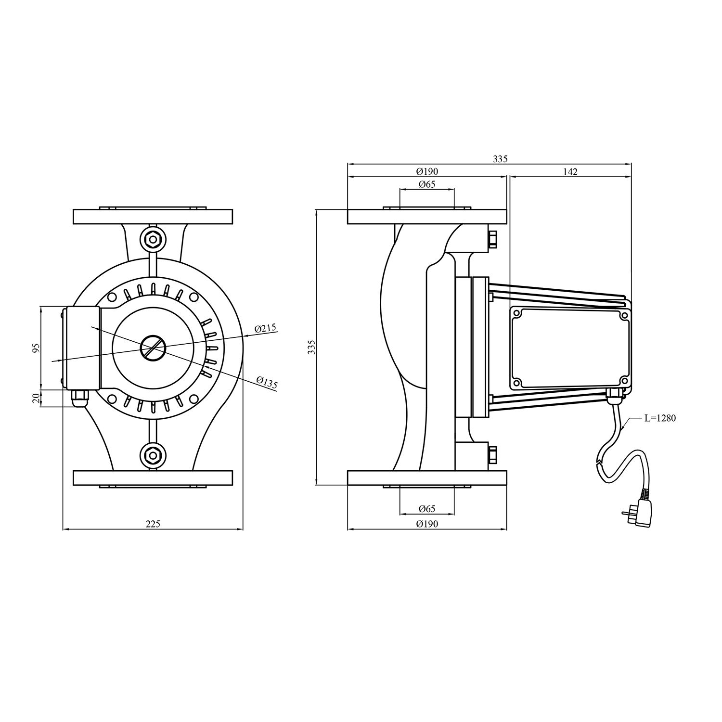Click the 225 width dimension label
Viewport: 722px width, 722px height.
[x=153, y=524]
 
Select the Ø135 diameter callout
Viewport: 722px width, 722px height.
[x=267, y=383]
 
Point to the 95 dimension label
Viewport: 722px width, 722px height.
[x=35, y=348]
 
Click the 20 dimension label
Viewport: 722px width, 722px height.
[x=35, y=398]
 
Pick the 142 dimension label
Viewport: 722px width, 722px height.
[x=570, y=172]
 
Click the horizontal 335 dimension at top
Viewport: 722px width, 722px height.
[x=500, y=159]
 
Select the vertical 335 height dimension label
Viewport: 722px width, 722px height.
[x=311, y=347]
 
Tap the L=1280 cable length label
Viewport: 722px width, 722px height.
[x=660, y=418]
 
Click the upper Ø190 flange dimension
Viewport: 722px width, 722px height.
[x=427, y=172]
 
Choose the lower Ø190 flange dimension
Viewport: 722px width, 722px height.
[x=427, y=524]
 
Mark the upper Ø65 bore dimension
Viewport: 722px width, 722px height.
[x=426, y=184]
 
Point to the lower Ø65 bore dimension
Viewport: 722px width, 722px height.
[x=426, y=509]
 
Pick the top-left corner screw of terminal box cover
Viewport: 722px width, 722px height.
[x=517, y=313]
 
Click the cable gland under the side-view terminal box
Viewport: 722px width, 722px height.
[x=614, y=398]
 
